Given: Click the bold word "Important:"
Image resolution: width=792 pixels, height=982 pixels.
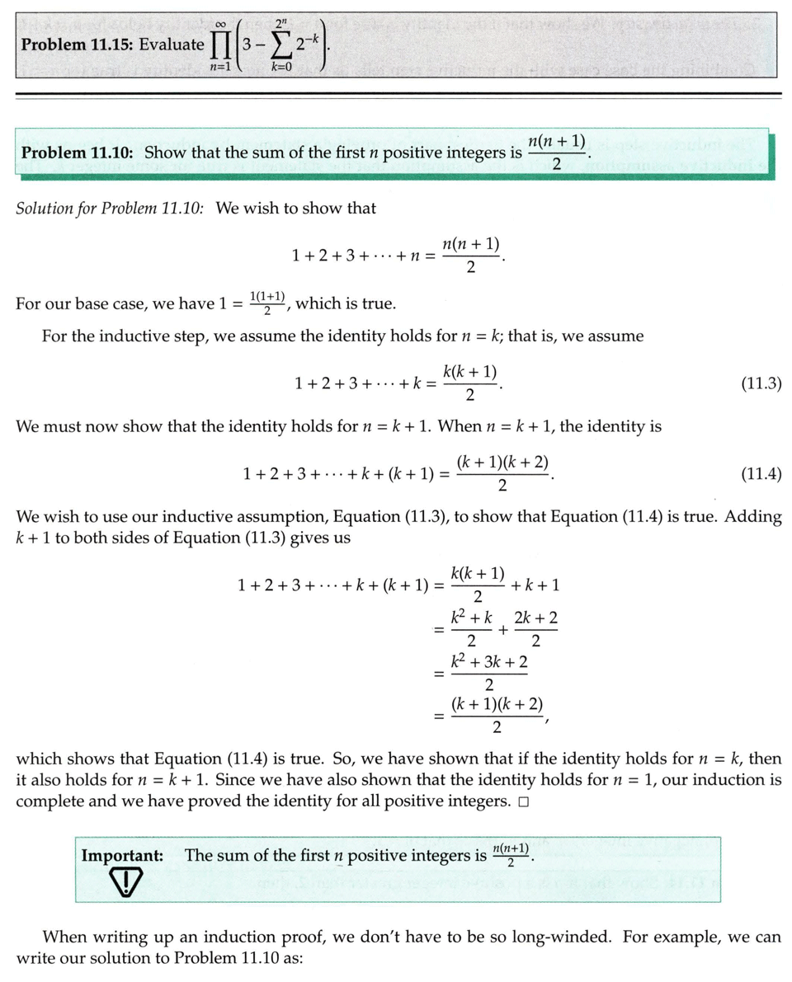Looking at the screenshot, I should [120, 856].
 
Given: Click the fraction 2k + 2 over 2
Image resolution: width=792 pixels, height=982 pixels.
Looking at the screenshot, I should [536, 629].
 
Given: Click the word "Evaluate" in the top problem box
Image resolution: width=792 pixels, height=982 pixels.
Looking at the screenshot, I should [172, 44].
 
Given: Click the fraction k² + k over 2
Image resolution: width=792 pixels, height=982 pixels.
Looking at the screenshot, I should [471, 629].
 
